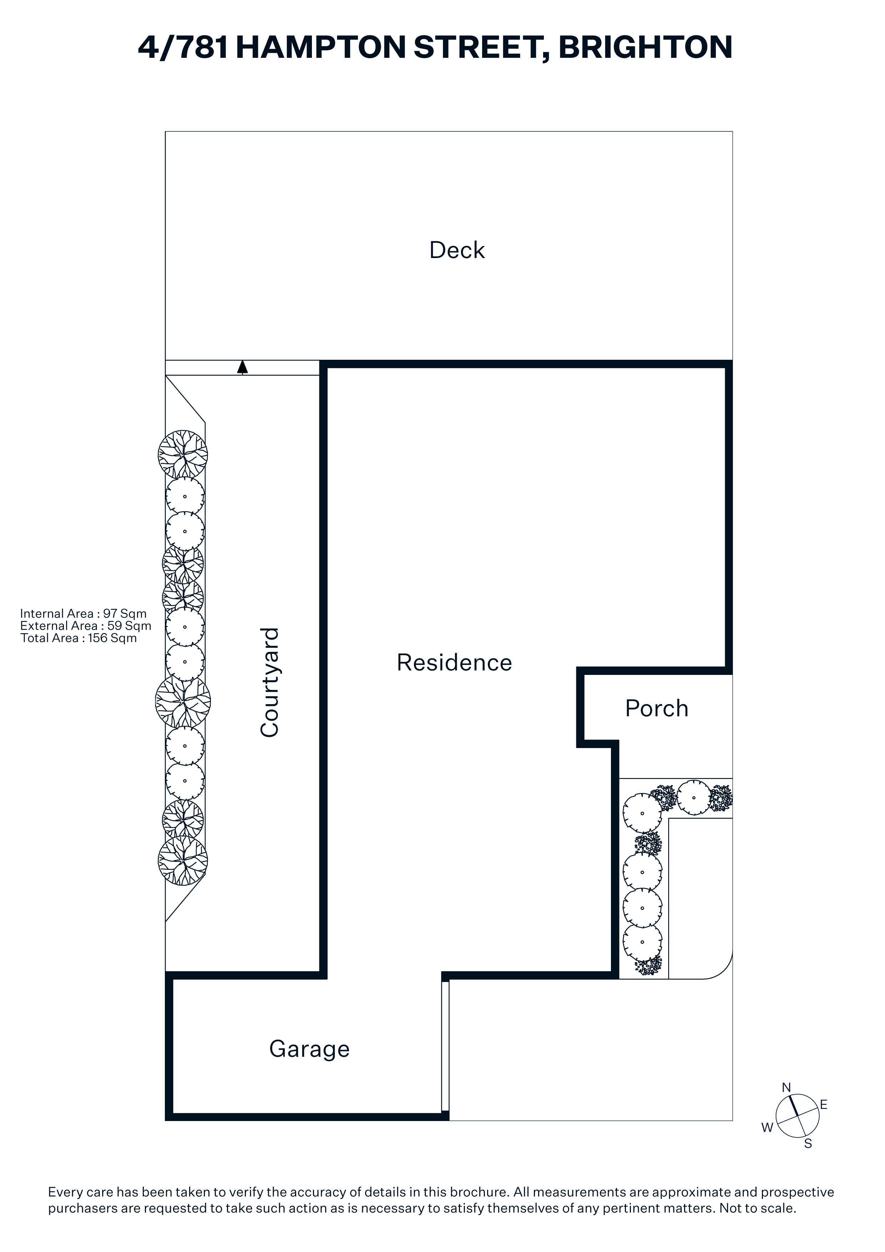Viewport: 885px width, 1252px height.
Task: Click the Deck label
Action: pyautogui.click(x=457, y=250)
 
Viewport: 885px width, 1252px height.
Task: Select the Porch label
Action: pyautogui.click(x=657, y=708)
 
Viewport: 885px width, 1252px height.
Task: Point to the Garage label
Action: pyautogui.click(x=309, y=1050)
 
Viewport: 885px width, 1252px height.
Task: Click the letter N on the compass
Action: pyautogui.click(x=786, y=1088)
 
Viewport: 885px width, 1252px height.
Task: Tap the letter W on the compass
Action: pyautogui.click(x=767, y=1128)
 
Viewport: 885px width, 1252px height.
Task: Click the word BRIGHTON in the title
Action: pyautogui.click(x=646, y=47)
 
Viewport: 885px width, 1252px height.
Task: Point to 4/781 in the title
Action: pyautogui.click(x=183, y=47)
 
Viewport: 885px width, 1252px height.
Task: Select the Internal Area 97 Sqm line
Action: pyautogui.click(x=84, y=614)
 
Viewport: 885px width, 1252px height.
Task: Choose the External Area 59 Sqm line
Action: pyautogui.click(x=86, y=626)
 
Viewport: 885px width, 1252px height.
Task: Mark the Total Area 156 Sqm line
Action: pyautogui.click(x=79, y=638)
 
